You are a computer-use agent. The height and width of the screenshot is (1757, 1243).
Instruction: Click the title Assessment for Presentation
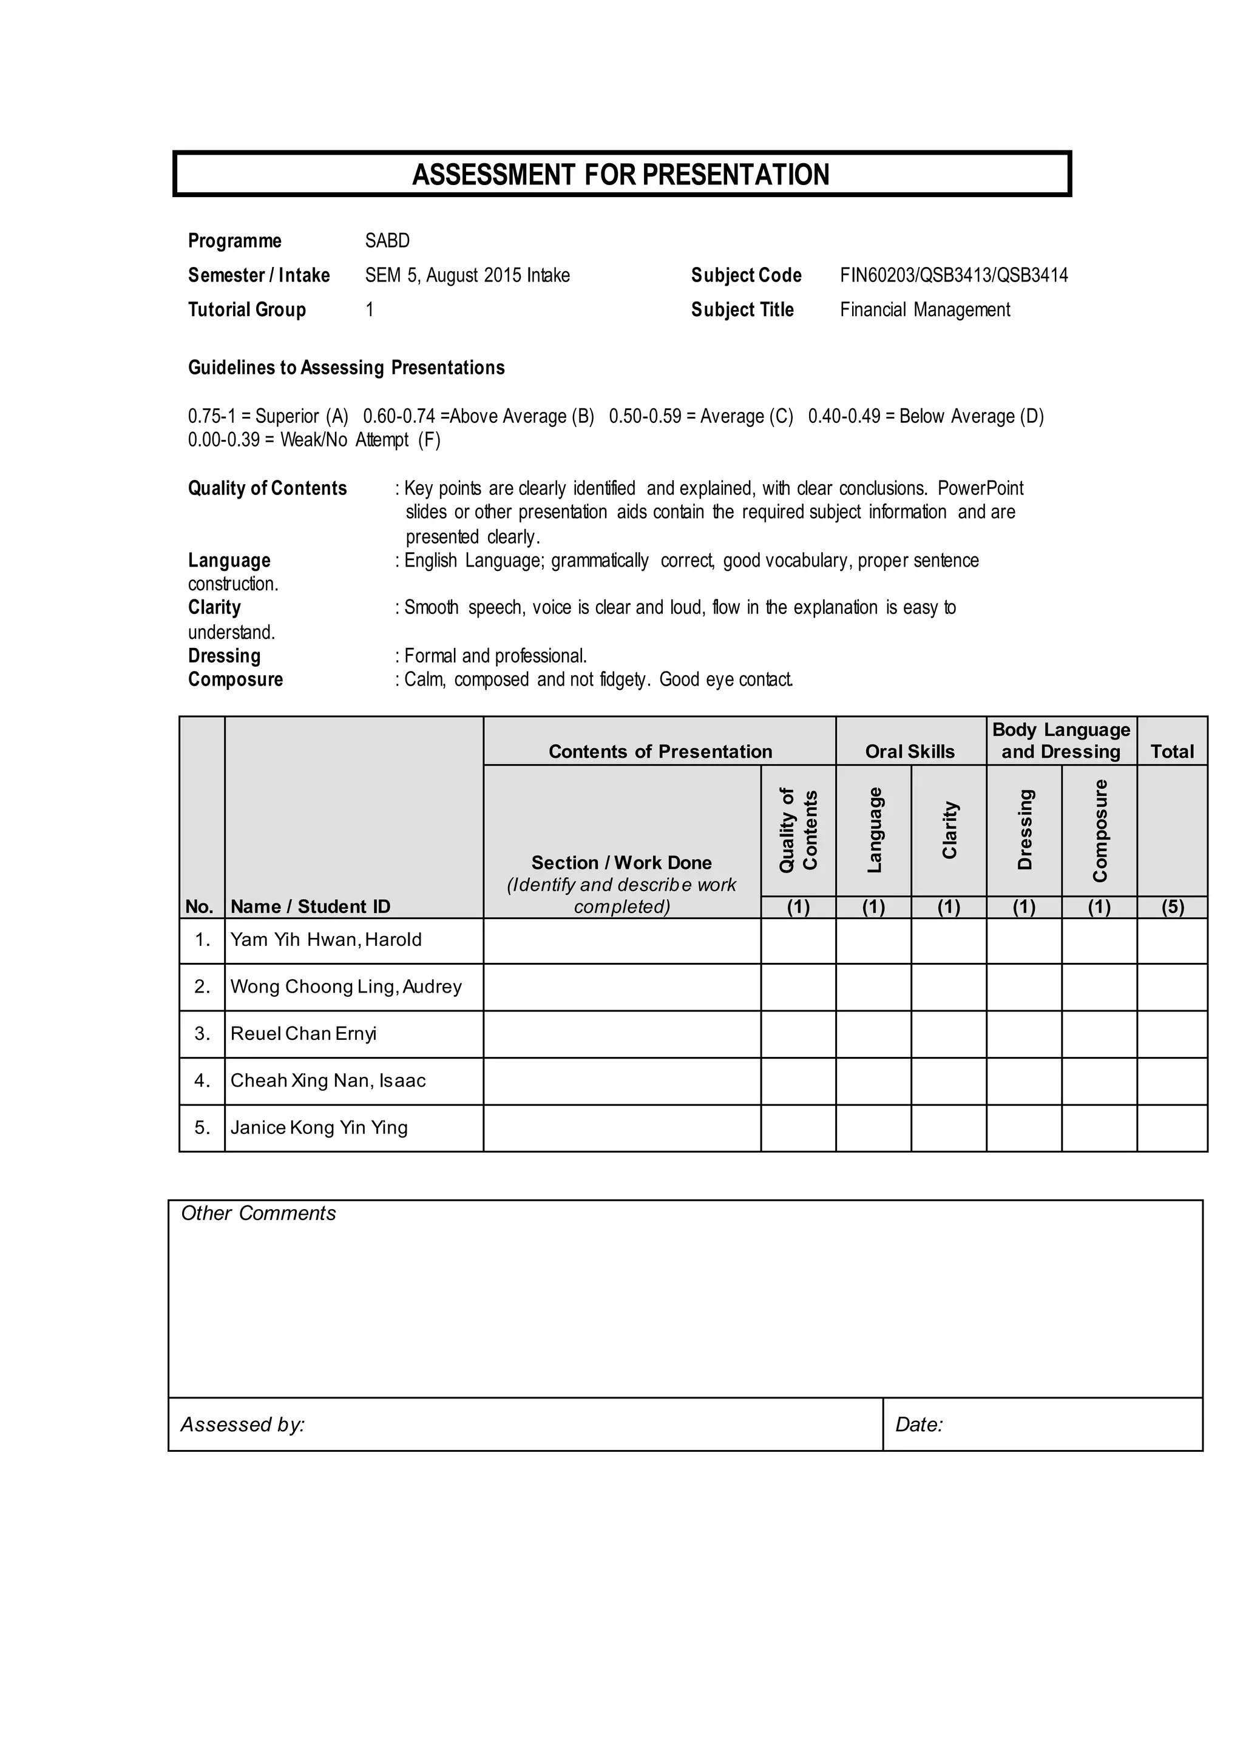pos(621,175)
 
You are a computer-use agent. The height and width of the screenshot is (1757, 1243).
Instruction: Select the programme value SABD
pos(387,241)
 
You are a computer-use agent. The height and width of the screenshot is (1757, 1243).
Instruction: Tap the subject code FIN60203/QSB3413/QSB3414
pos(953,275)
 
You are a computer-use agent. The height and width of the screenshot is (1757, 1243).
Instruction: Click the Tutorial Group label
pos(246,310)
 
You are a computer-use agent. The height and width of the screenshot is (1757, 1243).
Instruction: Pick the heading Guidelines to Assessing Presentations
pos(346,368)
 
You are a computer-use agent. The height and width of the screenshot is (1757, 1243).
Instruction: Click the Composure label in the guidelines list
pos(235,680)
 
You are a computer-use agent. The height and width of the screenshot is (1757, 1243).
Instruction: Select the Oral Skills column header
pos(909,752)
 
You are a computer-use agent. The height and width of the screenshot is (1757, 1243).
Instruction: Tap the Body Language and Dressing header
pos(1061,741)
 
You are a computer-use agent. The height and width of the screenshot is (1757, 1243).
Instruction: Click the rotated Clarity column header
pos(949,831)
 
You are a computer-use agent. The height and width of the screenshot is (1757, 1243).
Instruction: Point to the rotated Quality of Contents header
pos(798,831)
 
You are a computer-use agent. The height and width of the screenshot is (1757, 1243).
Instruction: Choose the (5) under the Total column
pos(1172,908)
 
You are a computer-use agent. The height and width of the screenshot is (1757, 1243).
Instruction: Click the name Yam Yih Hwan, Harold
pos(326,940)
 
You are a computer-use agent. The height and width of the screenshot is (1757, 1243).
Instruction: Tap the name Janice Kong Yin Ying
pos(319,1128)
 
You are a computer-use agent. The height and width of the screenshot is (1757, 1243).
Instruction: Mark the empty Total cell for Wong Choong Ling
pos(1172,987)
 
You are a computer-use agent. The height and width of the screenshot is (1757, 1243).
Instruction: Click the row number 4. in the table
pos(202,1081)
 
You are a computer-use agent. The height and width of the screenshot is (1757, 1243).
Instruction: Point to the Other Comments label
pos(258,1213)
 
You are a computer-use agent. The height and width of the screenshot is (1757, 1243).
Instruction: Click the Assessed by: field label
pos(243,1425)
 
